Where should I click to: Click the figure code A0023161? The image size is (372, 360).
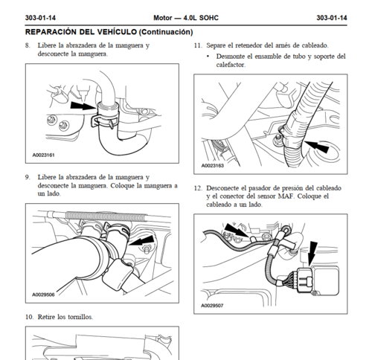coord(43,155)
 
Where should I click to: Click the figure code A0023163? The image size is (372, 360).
coord(212,166)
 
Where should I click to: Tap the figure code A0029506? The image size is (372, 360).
coord(43,295)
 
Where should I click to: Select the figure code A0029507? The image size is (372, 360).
coord(212,306)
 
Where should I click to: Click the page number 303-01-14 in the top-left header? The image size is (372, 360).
coord(40,18)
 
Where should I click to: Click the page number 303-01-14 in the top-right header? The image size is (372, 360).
coord(332,18)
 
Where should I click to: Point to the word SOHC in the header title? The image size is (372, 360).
coord(209,18)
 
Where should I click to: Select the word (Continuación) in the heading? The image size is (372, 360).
coord(166,32)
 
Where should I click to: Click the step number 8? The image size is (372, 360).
coord(28,45)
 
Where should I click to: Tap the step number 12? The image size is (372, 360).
coord(198,188)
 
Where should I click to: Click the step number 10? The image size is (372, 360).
coord(29,317)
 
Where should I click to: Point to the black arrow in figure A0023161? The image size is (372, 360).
coord(83,106)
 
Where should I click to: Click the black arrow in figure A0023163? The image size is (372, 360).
coord(316,146)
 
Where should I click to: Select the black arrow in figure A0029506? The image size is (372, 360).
coord(141,240)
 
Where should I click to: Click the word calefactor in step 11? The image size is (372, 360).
coord(231,65)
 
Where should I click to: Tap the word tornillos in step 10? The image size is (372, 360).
coord(80,317)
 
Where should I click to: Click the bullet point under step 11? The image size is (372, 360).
coord(208,57)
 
